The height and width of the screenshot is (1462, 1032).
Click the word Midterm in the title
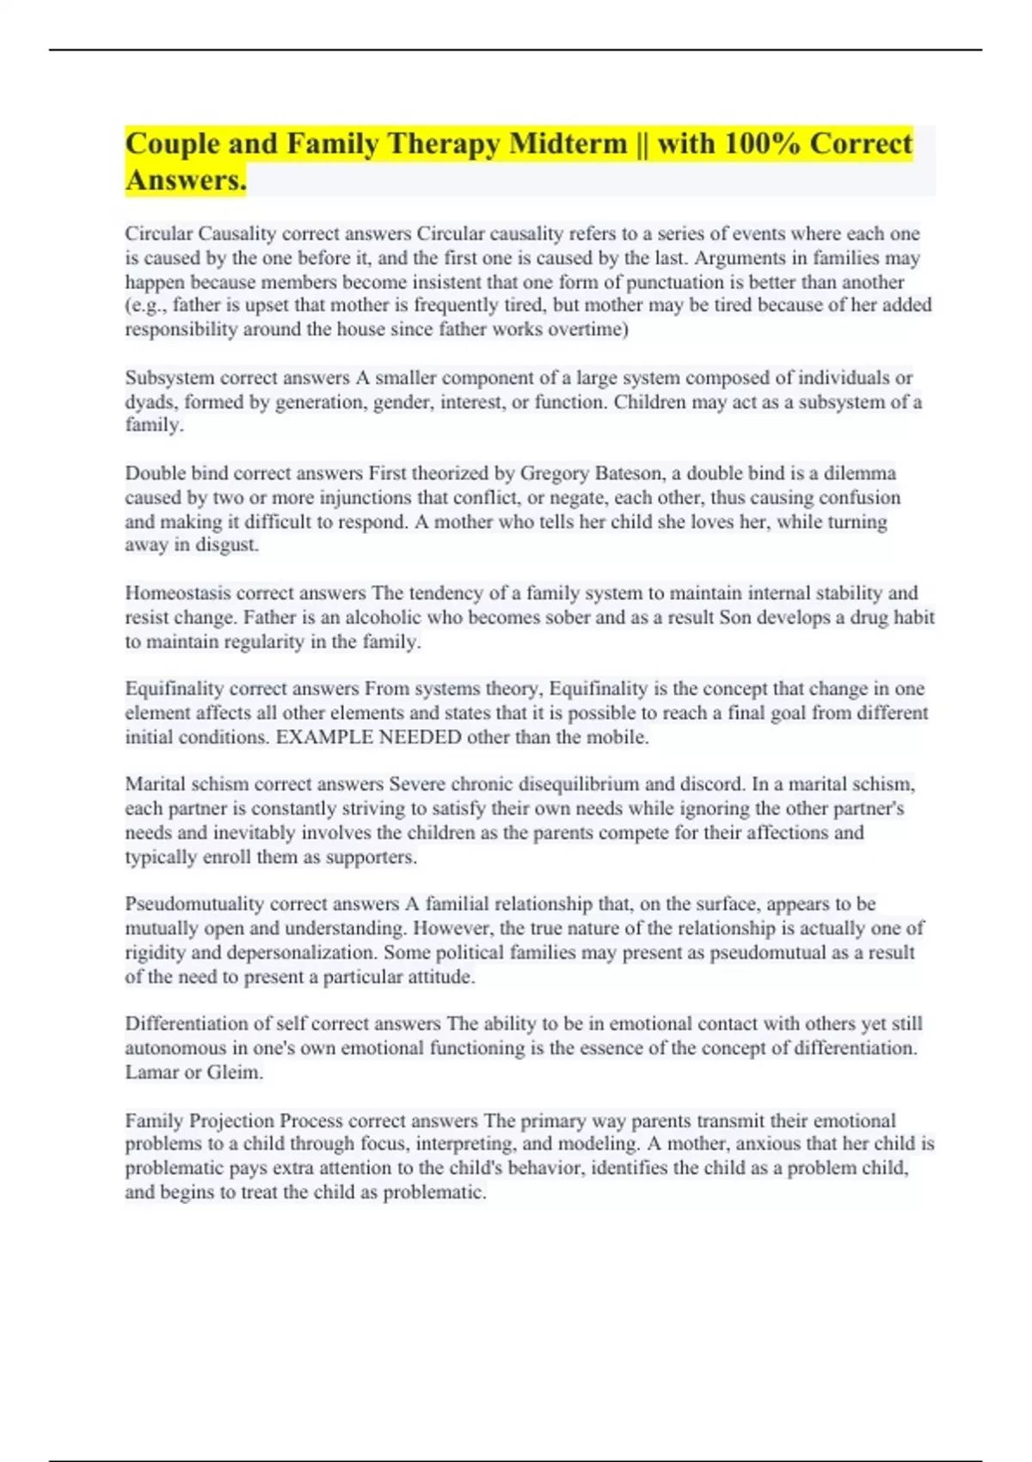pos(568,144)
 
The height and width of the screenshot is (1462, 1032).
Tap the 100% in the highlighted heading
pos(761,144)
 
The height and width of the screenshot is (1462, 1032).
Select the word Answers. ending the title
pos(186,181)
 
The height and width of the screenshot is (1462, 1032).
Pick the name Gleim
pos(234,1072)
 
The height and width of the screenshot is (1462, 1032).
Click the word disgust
pos(227,545)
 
